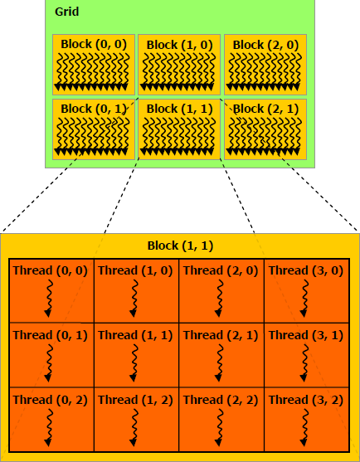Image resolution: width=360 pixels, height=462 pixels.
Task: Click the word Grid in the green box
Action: (67, 12)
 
